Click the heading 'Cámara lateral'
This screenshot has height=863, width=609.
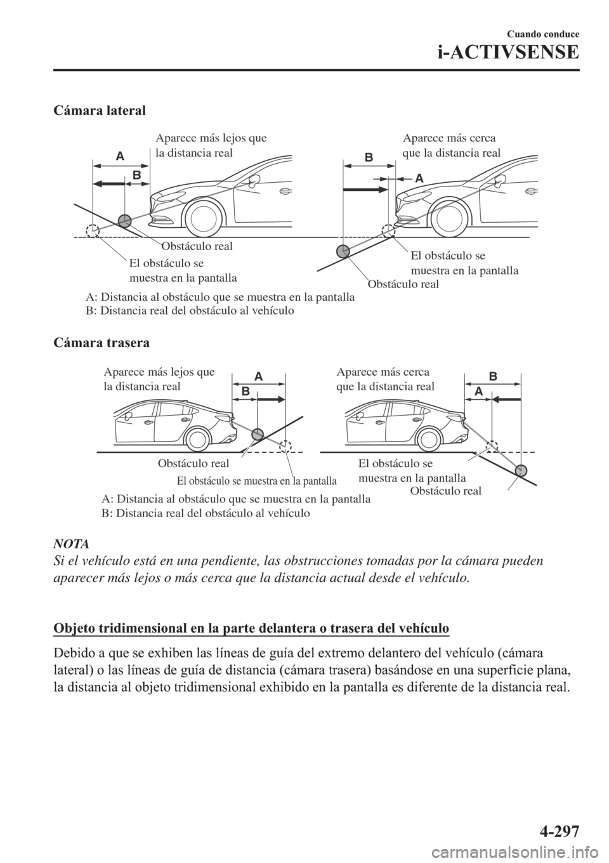99,110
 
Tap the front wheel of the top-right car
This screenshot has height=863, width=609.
452,220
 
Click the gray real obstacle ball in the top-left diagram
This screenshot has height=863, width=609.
124,221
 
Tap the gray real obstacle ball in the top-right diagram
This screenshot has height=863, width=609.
343,251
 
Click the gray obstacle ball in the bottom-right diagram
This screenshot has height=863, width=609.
522,470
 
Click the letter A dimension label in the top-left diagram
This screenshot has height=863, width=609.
119,155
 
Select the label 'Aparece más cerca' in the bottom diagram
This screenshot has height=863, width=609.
383,372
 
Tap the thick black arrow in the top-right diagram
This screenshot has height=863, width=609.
365,189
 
